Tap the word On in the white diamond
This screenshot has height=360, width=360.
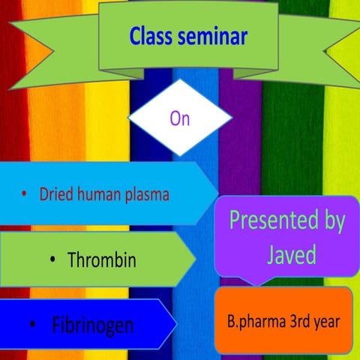pos(180,118)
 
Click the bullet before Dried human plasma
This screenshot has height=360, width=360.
pos(24,194)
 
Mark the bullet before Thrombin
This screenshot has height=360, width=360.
pos(52,261)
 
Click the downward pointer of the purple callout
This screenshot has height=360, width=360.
pos(255,283)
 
